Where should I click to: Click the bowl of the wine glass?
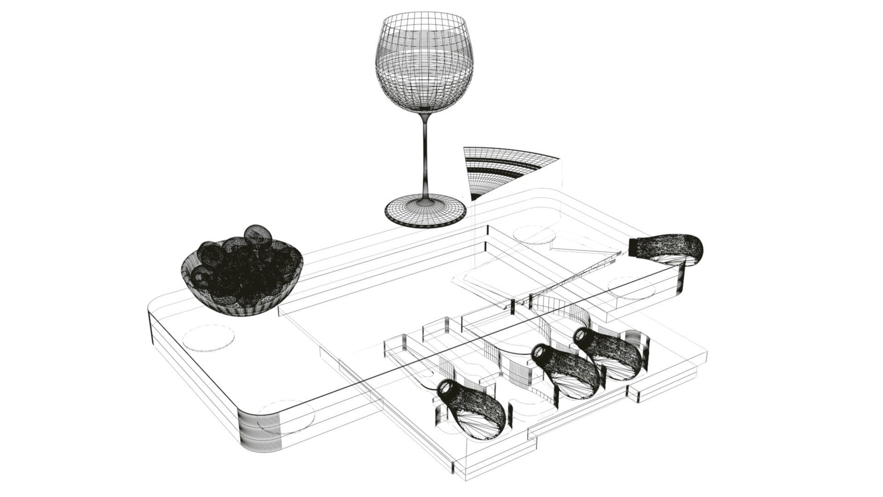[424, 64]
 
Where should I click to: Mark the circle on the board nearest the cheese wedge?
[533, 233]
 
